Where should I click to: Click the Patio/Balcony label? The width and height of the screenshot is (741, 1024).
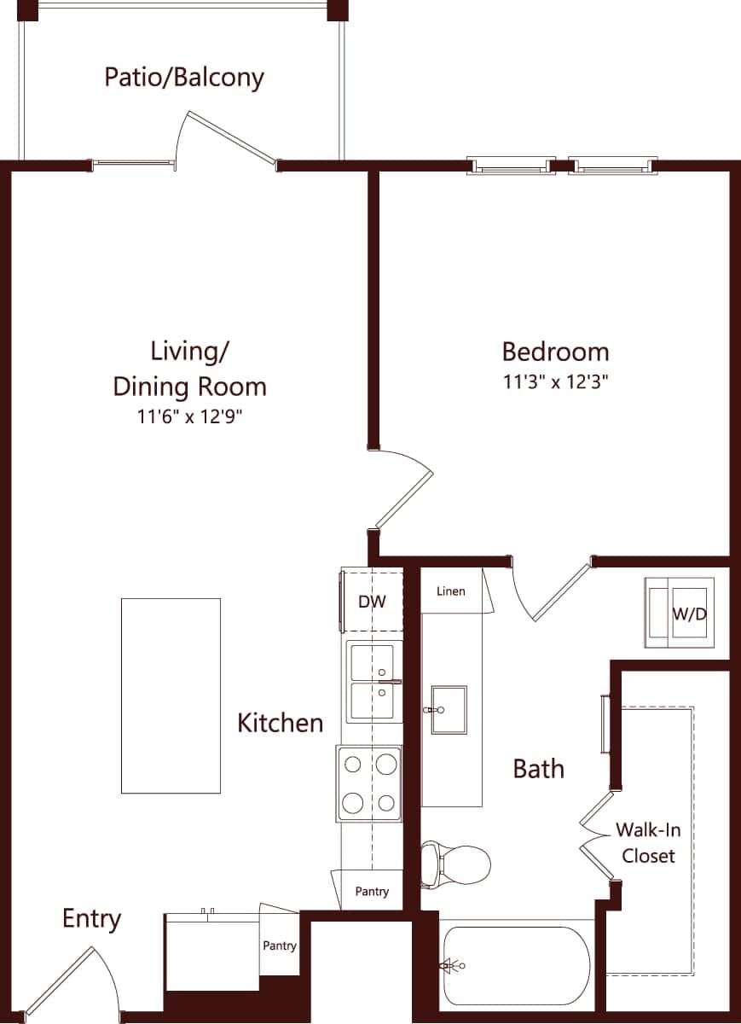pyautogui.click(x=184, y=77)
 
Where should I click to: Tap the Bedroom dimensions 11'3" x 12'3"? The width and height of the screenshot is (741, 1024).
pyautogui.click(x=555, y=382)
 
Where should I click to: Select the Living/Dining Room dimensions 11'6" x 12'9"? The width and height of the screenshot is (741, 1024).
pyautogui.click(x=189, y=417)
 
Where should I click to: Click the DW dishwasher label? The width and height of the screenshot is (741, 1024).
pyautogui.click(x=372, y=602)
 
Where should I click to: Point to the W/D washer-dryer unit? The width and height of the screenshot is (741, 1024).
pyautogui.click(x=680, y=614)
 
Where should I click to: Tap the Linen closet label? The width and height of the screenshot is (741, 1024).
pyautogui.click(x=450, y=591)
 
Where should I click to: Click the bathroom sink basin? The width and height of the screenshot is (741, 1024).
pyautogui.click(x=449, y=708)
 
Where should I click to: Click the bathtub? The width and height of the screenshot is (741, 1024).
pyautogui.click(x=515, y=966)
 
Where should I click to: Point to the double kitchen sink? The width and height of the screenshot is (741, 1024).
pyautogui.click(x=372, y=682)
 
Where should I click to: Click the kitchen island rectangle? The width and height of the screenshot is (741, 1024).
pyautogui.click(x=171, y=695)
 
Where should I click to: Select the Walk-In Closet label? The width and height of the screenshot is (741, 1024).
pyautogui.click(x=649, y=843)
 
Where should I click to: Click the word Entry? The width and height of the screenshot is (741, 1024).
pyautogui.click(x=91, y=919)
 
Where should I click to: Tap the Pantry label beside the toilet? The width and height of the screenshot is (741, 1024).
pyautogui.click(x=372, y=892)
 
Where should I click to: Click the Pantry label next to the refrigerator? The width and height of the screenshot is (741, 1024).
pyautogui.click(x=280, y=945)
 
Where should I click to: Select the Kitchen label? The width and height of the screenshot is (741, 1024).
pyautogui.click(x=280, y=724)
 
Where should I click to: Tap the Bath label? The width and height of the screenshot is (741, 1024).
pyautogui.click(x=538, y=769)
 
